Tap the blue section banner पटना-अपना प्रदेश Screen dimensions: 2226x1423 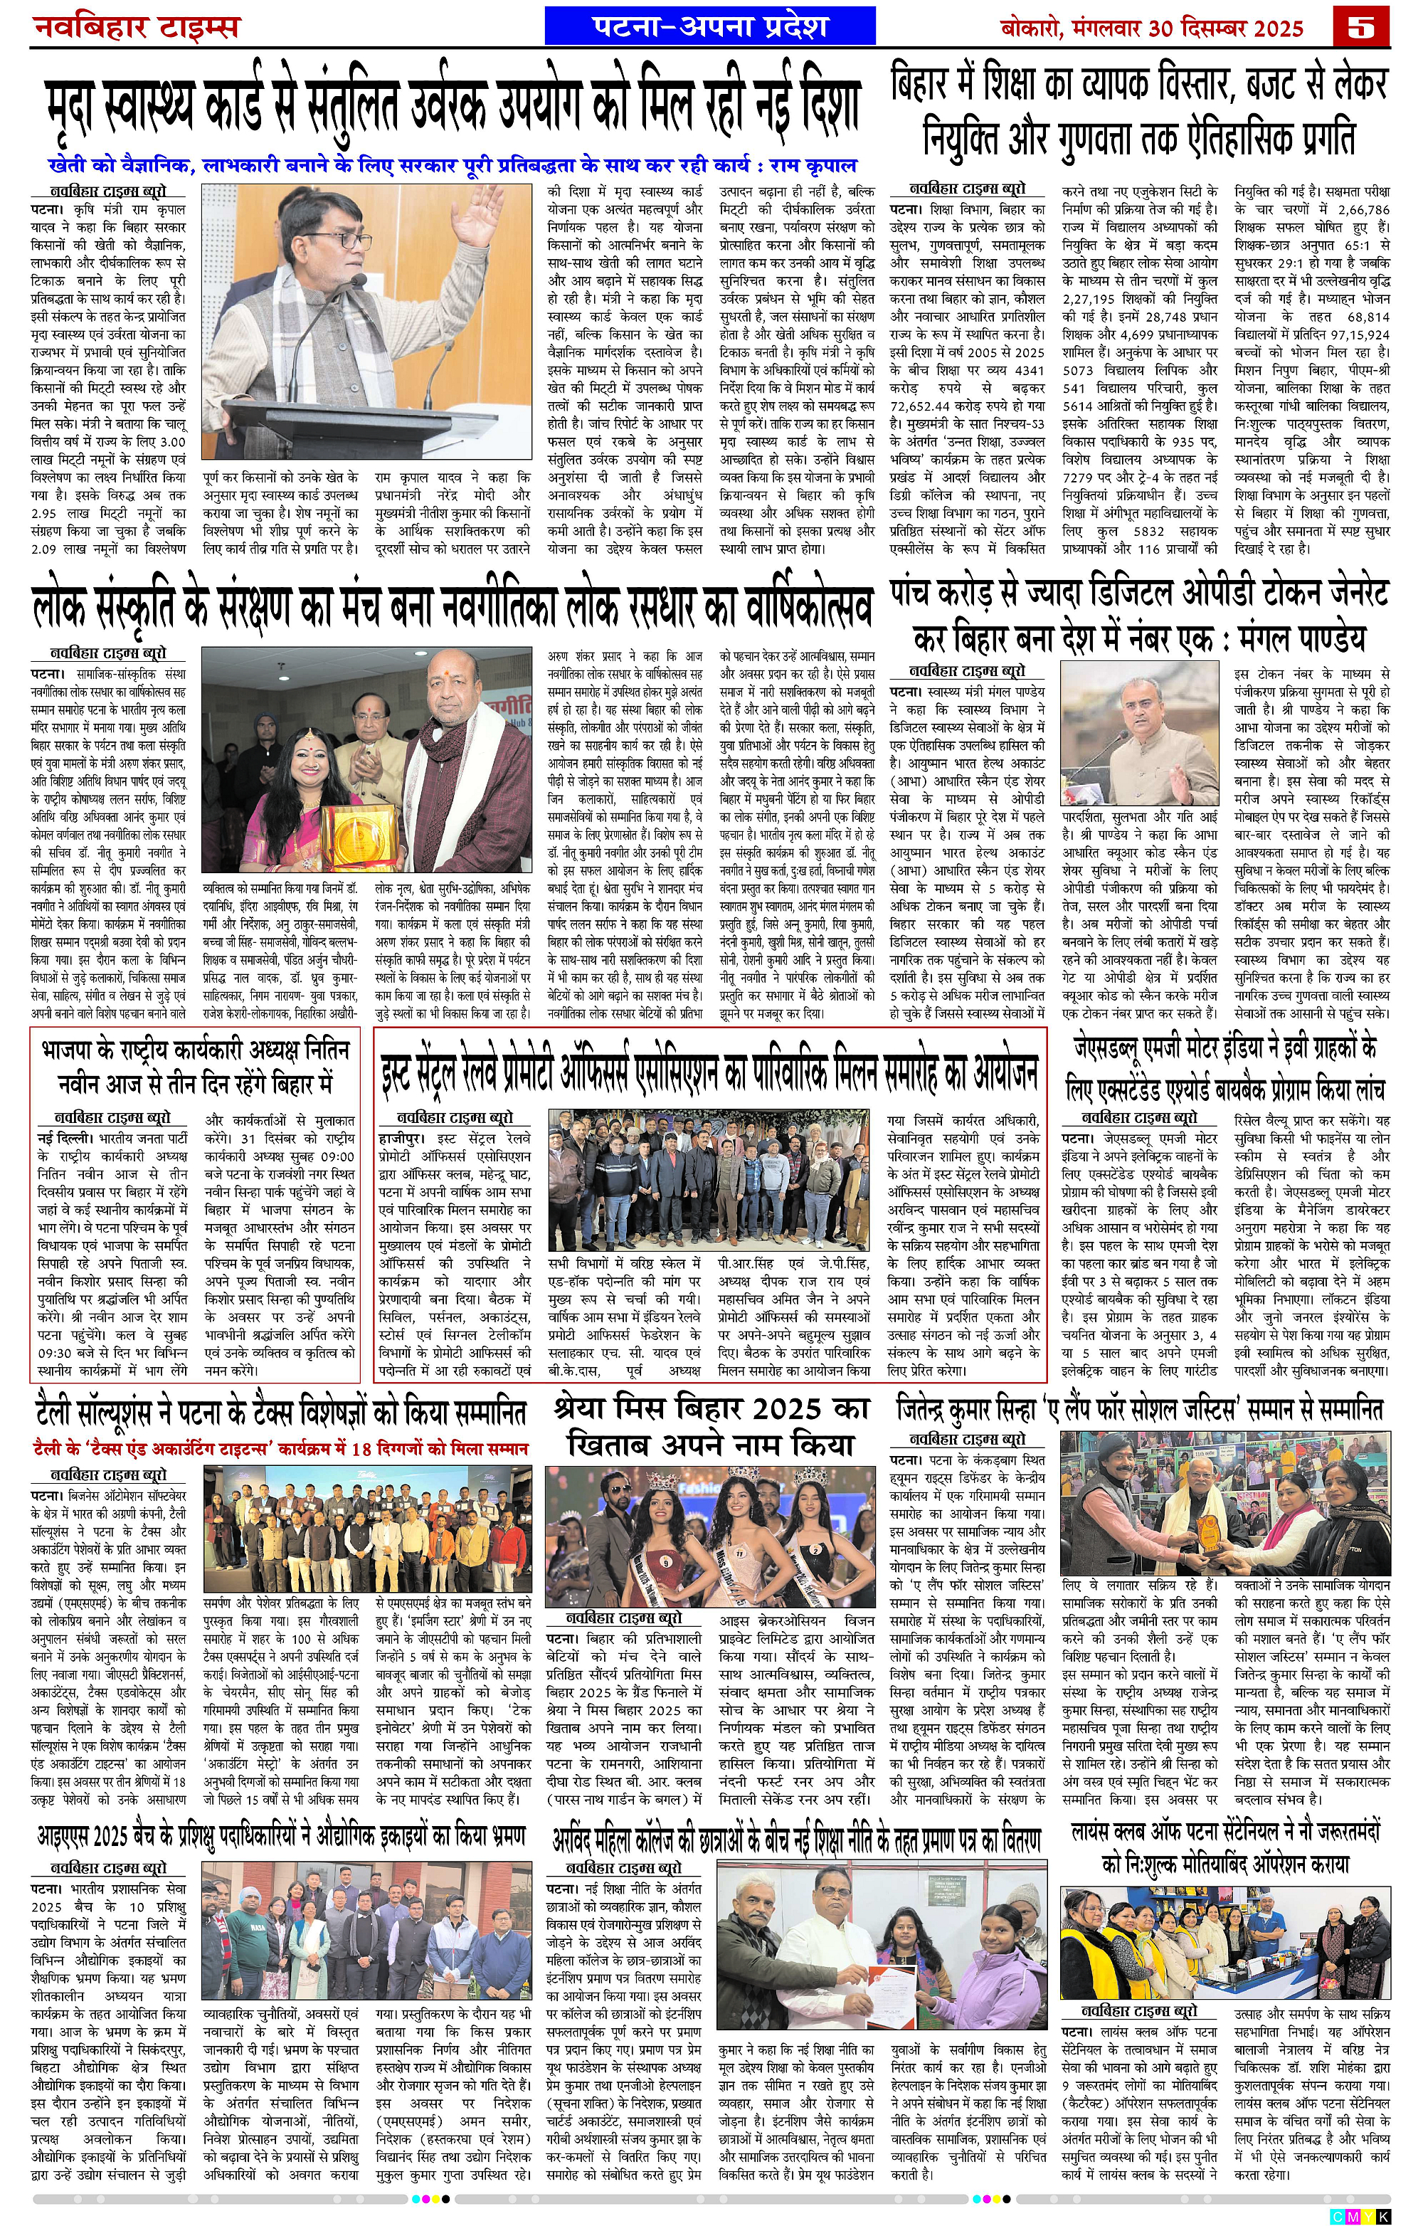point(709,26)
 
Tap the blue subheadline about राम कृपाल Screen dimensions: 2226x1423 point(453,167)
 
